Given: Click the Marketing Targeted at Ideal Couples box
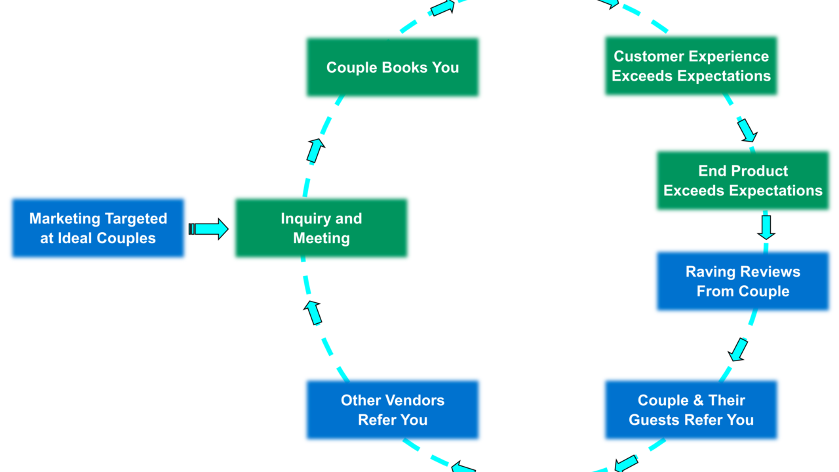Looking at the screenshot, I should (98, 228).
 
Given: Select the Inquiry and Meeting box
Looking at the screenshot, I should (321, 228).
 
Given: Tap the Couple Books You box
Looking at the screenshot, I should (392, 68).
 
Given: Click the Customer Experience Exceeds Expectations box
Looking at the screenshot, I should (691, 66).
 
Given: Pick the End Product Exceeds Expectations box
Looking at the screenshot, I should (743, 181).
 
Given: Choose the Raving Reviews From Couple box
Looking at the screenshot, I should (743, 281).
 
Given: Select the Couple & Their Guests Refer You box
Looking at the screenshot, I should (691, 410).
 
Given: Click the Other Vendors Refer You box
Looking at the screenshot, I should (392, 410).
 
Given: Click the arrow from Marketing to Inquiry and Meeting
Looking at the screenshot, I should (208, 229).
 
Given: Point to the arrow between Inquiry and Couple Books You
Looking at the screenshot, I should (315, 151).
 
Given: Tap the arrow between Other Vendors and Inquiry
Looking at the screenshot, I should (314, 313).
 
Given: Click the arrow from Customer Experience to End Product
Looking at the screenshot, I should (747, 130).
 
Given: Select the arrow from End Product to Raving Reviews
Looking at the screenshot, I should (766, 226).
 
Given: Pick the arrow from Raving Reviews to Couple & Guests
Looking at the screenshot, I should (739, 349).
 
